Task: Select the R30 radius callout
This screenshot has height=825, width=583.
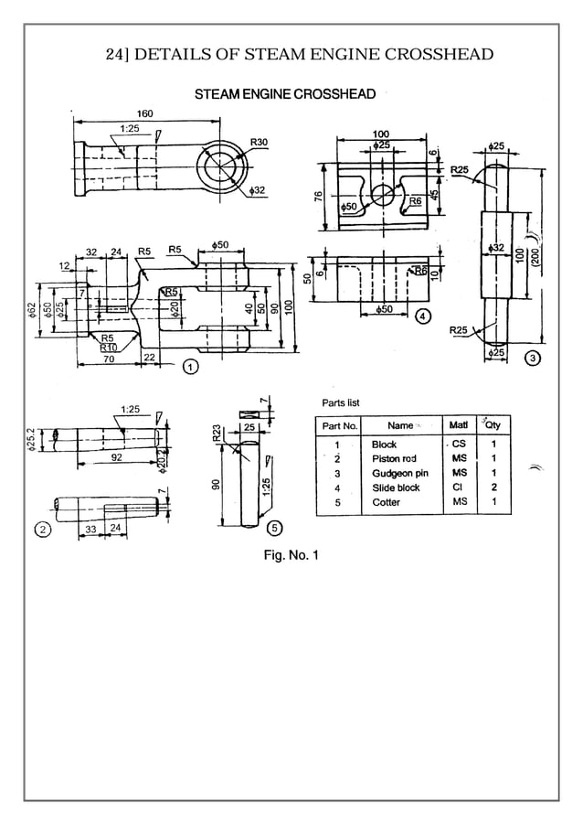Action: (x=259, y=143)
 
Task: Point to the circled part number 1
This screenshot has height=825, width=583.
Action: (x=190, y=367)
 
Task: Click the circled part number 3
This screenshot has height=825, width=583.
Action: (x=532, y=357)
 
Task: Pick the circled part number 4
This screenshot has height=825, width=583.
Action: (x=422, y=316)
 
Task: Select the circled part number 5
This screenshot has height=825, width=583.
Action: (x=273, y=528)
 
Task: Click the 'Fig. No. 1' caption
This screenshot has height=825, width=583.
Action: (x=291, y=554)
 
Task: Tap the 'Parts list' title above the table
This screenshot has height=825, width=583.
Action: (x=341, y=402)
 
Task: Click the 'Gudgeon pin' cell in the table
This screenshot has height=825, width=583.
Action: (x=399, y=474)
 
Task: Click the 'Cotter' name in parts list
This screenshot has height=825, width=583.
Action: (x=386, y=502)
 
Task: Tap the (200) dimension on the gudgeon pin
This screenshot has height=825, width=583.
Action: (x=534, y=258)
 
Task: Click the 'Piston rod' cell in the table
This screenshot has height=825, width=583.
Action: (x=394, y=459)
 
